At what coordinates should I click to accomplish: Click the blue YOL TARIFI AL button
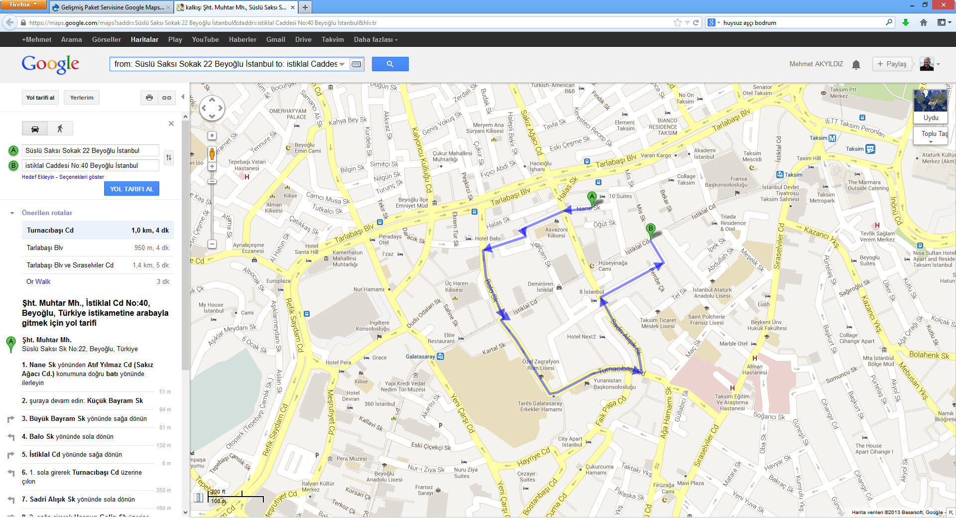pyautogui.click(x=131, y=189)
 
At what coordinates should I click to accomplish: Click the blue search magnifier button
pyautogui.click(x=390, y=64)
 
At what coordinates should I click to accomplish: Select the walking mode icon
pyautogui.click(x=60, y=129)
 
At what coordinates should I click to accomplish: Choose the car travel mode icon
pyautogui.click(x=35, y=129)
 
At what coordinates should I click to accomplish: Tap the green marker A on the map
pyautogui.click(x=592, y=197)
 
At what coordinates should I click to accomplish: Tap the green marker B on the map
pyautogui.click(x=650, y=229)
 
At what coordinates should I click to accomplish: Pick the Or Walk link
pyautogui.click(x=38, y=281)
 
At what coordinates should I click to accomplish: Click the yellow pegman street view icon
pyautogui.click(x=212, y=153)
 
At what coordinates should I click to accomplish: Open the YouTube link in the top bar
pyautogui.click(x=205, y=39)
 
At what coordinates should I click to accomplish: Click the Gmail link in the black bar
pyautogui.click(x=275, y=39)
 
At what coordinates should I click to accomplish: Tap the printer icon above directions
pyautogui.click(x=149, y=98)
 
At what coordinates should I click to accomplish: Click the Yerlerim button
pyautogui.click(x=82, y=98)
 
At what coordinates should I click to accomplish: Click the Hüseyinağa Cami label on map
pyautogui.click(x=612, y=265)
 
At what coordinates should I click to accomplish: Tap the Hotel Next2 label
pyautogui.click(x=581, y=337)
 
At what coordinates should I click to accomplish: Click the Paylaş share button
pyautogui.click(x=892, y=64)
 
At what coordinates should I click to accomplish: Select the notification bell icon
pyautogui.click(x=856, y=64)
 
